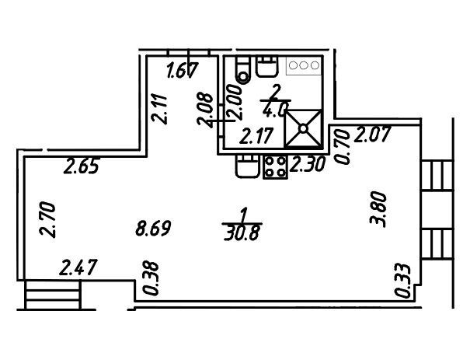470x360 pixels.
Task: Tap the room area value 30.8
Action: [x=243, y=232]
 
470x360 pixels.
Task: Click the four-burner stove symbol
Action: [x=274, y=166]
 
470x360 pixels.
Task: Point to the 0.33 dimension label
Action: [x=402, y=281]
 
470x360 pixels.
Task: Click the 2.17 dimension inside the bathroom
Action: [x=257, y=137]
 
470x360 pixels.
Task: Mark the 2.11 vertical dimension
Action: [x=159, y=109]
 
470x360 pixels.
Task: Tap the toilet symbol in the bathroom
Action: [x=242, y=70]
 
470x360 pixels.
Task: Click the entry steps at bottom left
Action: [x=52, y=295]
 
